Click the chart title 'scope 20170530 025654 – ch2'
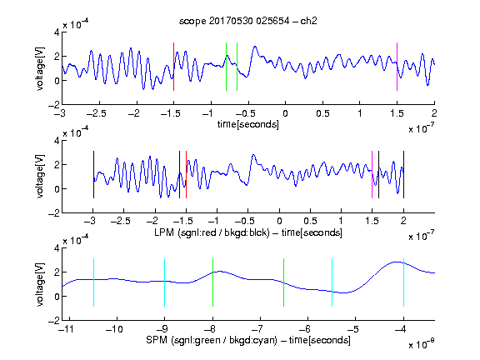248,21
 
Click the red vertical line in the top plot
173,67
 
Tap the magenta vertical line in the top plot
397,67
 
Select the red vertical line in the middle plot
186,174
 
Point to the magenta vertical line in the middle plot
372,174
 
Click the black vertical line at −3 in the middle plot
93,174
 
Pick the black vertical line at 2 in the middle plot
403,174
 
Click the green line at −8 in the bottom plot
212,282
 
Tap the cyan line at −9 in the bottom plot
164,282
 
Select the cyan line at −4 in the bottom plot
403,282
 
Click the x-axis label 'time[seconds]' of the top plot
248,124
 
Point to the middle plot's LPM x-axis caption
248,232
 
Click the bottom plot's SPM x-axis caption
248,340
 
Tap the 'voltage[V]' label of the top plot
40,68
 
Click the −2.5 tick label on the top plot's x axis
97,113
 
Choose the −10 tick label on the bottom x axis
114,329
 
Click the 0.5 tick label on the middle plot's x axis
310,221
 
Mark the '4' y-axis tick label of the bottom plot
57,248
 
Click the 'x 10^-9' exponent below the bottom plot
422,344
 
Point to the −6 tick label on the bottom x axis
305,329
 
